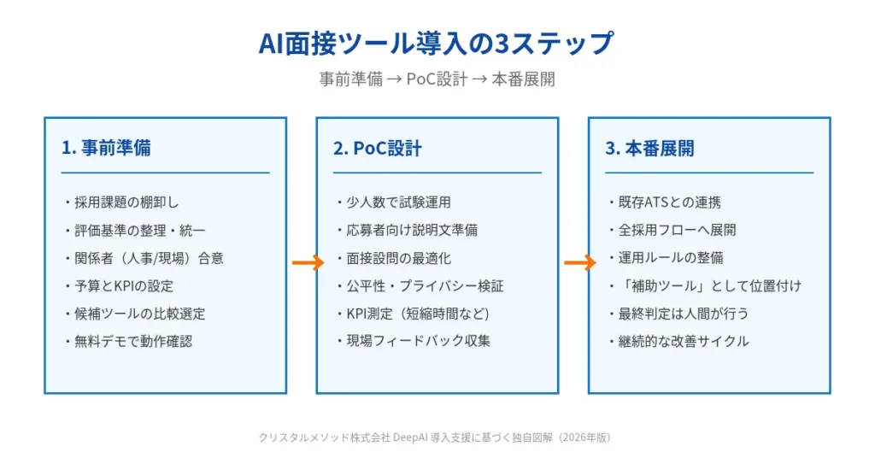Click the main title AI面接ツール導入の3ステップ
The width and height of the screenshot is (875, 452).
(436, 44)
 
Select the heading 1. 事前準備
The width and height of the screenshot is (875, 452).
(106, 148)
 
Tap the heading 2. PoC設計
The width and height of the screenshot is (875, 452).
(377, 149)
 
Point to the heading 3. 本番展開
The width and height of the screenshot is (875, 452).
(650, 149)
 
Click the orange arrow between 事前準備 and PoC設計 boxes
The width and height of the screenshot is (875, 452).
(308, 262)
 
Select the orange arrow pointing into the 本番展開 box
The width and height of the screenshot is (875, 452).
(580, 262)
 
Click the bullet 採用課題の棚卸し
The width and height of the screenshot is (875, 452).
(126, 202)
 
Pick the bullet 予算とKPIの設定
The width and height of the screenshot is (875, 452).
(124, 285)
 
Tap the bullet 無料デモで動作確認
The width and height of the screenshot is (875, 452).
(133, 342)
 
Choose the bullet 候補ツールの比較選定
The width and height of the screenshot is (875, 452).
(139, 314)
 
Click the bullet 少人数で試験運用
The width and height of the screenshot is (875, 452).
(398, 202)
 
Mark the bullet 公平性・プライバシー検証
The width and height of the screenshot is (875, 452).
(425, 285)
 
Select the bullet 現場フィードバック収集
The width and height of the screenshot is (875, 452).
(419, 342)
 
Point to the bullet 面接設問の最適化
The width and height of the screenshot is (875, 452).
(398, 258)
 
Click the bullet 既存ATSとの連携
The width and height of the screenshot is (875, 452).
(670, 202)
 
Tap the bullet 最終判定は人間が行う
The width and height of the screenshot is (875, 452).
(684, 314)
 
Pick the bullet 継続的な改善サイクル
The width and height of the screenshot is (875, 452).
(684, 342)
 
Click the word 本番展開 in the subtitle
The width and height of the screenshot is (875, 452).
(523, 79)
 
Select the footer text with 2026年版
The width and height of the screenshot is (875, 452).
(435, 437)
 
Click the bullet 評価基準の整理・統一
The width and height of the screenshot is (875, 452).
(140, 230)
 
